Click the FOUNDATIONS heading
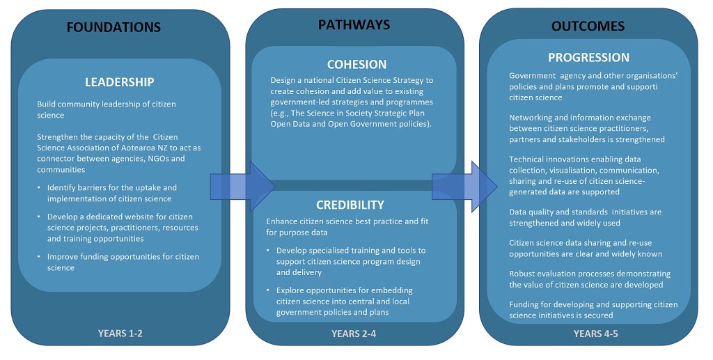pyautogui.click(x=113, y=27)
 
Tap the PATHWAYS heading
pyautogui.click(x=354, y=25)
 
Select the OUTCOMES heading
pyautogui.click(x=588, y=26)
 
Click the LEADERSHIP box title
pyautogui.click(x=119, y=81)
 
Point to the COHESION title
pyautogui.click(x=356, y=64)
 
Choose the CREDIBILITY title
pyautogui.click(x=350, y=205)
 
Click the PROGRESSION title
pyautogui.click(x=588, y=57)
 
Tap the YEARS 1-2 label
pyautogui.click(x=120, y=333)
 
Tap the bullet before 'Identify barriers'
pyautogui.click(x=39, y=188)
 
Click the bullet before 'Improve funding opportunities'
pyautogui.click(x=39, y=257)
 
